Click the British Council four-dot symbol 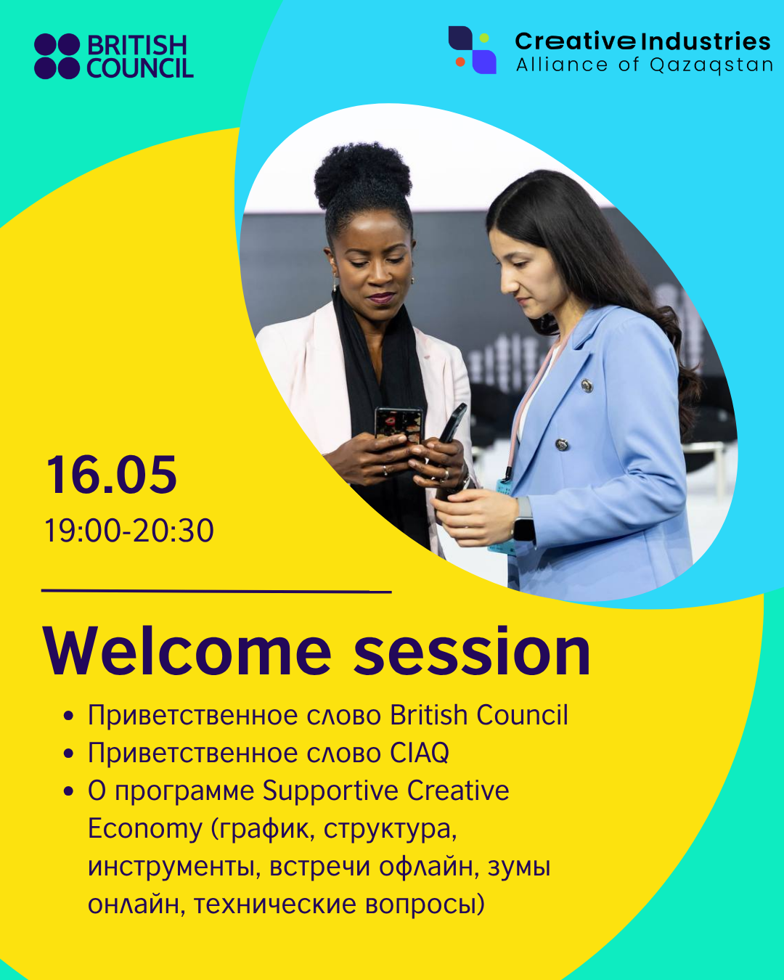(57, 57)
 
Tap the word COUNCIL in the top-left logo (140, 69)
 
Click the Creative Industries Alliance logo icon (473, 50)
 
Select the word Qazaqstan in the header (711, 65)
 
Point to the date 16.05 (112, 475)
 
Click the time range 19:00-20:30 (129, 531)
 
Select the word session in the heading (472, 651)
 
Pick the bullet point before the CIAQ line (69, 754)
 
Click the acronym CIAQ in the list (420, 753)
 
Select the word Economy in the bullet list (144, 828)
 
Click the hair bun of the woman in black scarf (362, 174)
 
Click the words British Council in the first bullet (479, 715)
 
